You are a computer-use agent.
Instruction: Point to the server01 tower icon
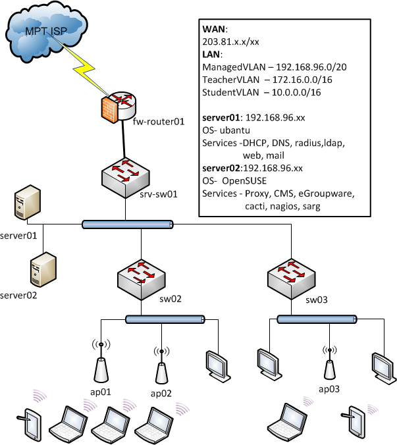[x=25, y=205]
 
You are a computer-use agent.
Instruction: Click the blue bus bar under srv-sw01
[x=128, y=225]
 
